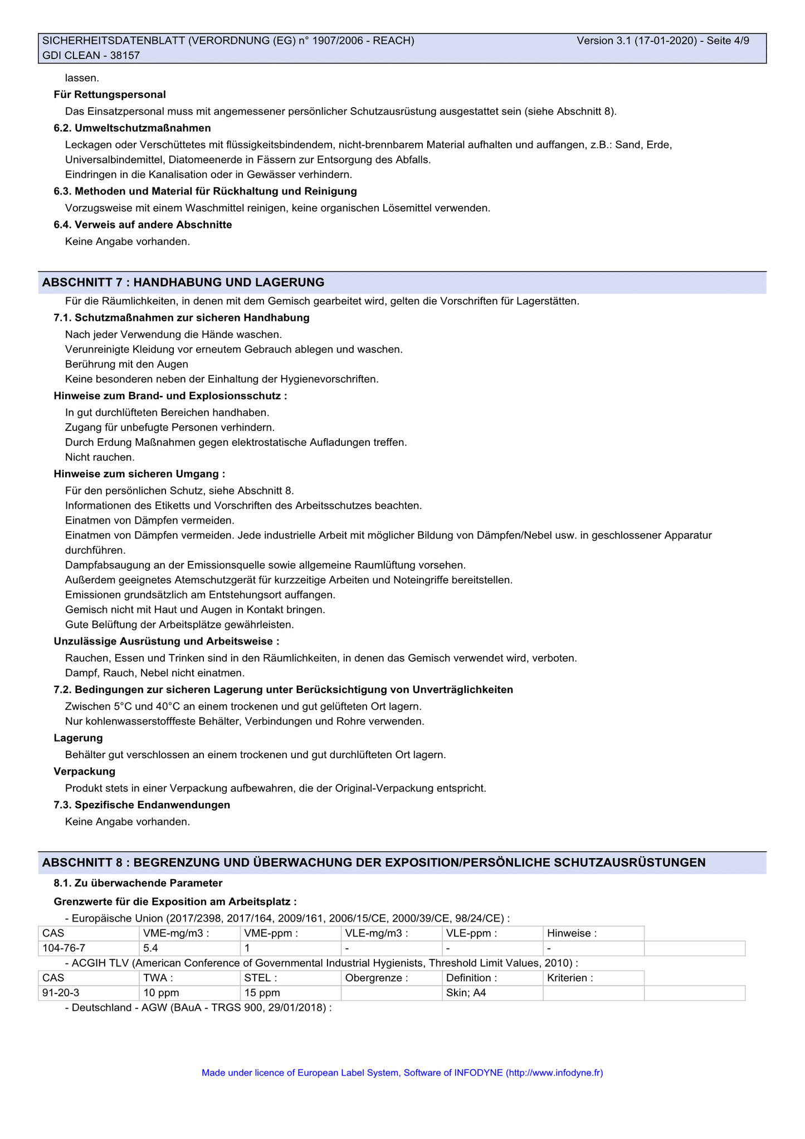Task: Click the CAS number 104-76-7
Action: pos(64,948)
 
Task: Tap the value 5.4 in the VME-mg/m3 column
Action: pos(150,948)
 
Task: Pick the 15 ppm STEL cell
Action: pos(262,992)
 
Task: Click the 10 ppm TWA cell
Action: pos(161,992)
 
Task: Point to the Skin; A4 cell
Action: pos(466,992)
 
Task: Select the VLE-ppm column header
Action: pos(471,933)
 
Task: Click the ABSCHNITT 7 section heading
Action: pos(183,282)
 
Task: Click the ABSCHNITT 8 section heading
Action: pos(374,862)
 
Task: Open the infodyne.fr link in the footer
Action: pos(554,1072)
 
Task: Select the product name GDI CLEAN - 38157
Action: pos(91,55)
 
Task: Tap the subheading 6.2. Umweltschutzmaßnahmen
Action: pos(132,128)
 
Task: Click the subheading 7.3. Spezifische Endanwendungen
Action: pos(142,804)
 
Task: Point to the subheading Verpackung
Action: pos(85,771)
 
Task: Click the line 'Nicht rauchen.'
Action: pos(100,457)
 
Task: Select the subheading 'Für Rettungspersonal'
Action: pos(110,95)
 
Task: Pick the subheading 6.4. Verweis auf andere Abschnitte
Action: pos(143,225)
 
